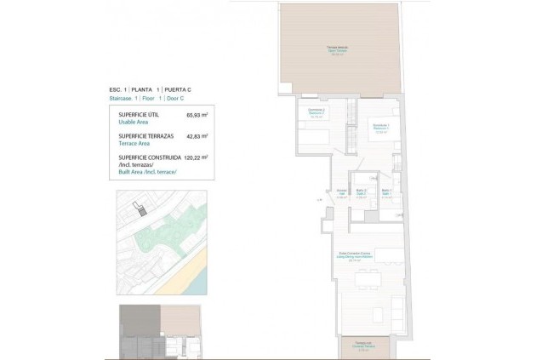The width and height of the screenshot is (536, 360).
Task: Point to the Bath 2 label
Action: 361,191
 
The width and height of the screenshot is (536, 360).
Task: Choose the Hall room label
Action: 341,192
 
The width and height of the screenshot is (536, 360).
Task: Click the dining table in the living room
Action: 368,278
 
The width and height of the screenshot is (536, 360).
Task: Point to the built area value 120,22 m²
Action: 196,157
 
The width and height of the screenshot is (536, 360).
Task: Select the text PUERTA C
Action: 178,89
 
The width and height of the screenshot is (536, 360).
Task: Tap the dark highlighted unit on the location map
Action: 143,210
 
